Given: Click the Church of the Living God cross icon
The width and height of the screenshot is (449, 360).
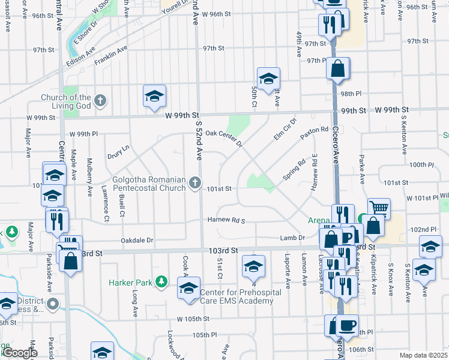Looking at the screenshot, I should tap(100, 100).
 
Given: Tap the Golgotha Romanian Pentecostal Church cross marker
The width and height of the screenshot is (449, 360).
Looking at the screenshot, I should tap(194, 182).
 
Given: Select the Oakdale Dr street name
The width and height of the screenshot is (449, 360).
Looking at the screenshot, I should tap(137, 240).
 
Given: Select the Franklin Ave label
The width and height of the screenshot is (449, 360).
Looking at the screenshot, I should tap(110, 58).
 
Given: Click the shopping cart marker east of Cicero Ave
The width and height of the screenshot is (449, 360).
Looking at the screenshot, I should tap(379, 208).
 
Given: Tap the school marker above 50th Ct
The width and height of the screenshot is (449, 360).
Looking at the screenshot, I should tap(268, 77).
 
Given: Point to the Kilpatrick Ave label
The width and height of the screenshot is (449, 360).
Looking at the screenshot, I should tap(373, 277).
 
